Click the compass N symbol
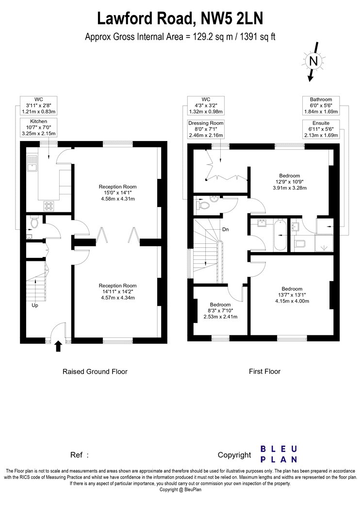pyautogui.click(x=313, y=61)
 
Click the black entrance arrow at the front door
pyautogui.click(x=58, y=346)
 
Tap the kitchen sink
pyautogui.click(x=32, y=164)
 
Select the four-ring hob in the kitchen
pyautogui.click(x=49, y=206)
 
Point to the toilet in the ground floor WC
pyautogui.click(x=34, y=222)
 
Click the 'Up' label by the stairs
pyautogui.click(x=35, y=305)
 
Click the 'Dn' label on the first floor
pyautogui.click(x=226, y=229)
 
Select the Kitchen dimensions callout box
pyautogui.click(x=39, y=127)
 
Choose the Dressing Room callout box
pyautogui.click(x=206, y=129)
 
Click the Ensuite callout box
pyautogui.click(x=321, y=129)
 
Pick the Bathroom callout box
pyautogui.click(x=321, y=106)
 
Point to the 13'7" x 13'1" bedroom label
pyautogui.click(x=292, y=295)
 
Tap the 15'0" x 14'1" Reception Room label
pyautogui.click(x=117, y=192)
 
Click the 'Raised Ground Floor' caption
pyautogui.click(x=95, y=371)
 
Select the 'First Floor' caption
pyautogui.click(x=264, y=371)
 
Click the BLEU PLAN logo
pyautogui.click(x=279, y=454)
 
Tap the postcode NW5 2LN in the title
pyautogui.click(x=231, y=18)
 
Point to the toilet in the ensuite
pyautogui.click(x=299, y=243)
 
